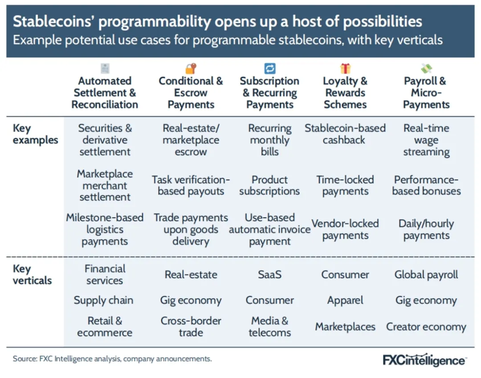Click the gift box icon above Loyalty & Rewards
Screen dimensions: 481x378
346,68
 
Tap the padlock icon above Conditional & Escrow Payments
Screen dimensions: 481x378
191,68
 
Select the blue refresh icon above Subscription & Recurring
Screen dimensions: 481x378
269,68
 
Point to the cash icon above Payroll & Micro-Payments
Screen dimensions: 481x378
426,68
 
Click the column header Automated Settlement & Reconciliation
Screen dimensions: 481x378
105,93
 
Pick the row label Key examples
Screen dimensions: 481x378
35,134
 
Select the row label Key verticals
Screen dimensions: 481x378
32,274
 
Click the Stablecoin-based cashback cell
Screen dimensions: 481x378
345,134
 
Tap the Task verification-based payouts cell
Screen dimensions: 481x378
191,185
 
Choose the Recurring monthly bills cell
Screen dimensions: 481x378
269,140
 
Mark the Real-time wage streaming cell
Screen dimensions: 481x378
426,140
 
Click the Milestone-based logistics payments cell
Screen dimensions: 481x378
105,229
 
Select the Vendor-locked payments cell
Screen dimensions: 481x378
345,229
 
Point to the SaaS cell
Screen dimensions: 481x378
269,274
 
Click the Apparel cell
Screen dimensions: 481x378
345,300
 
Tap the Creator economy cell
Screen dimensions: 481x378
426,327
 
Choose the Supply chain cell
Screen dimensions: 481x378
103,300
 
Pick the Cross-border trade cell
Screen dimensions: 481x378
191,327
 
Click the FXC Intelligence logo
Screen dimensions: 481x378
425,360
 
